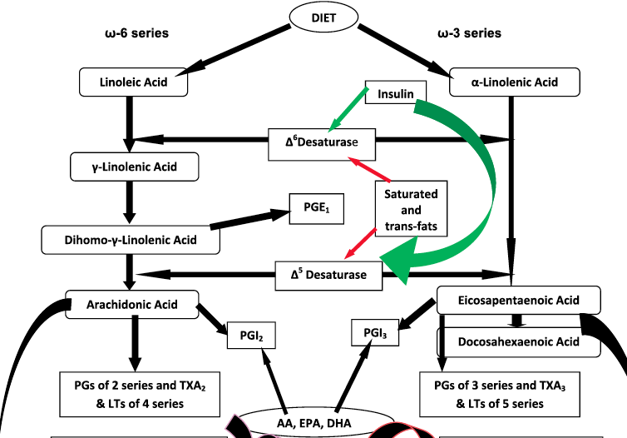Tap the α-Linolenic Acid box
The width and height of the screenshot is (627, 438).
[x=514, y=82]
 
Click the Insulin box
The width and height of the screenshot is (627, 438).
[x=396, y=93]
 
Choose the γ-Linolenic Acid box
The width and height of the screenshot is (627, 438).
[x=134, y=167]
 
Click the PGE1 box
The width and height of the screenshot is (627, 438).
[x=314, y=206]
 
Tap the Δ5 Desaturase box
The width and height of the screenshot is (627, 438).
[x=329, y=275]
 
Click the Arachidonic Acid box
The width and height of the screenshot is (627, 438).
[x=132, y=304]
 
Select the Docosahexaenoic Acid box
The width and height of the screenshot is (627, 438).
[x=519, y=341]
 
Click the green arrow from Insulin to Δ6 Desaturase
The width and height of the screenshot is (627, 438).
[x=349, y=108]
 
